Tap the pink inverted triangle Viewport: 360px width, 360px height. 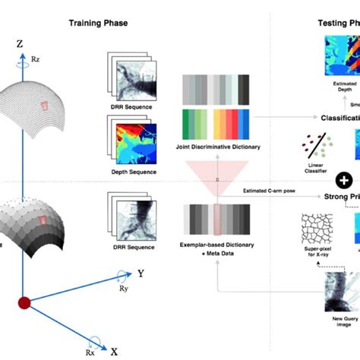coord(216,177)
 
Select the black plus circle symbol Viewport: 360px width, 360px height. coord(344,180)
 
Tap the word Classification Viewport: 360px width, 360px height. coord(339,118)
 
